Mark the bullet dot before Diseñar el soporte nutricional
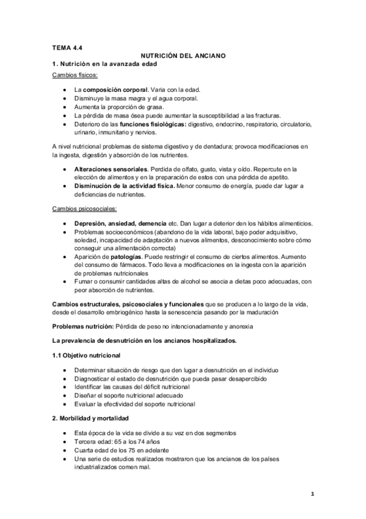coord(65,395)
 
